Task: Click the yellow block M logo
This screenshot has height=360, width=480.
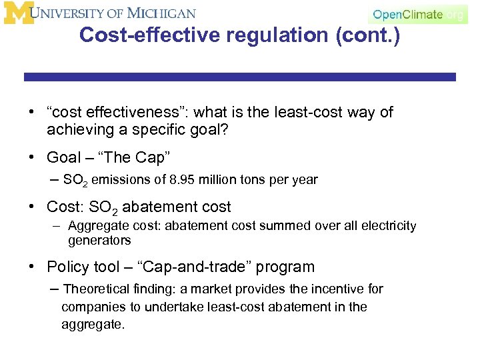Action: (x=19, y=13)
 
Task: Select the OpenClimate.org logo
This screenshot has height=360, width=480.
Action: (x=418, y=14)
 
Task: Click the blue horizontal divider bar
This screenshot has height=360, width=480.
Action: (x=240, y=77)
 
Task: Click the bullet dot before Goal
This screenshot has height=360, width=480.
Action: (x=32, y=158)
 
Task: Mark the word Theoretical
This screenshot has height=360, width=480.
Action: (x=97, y=289)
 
